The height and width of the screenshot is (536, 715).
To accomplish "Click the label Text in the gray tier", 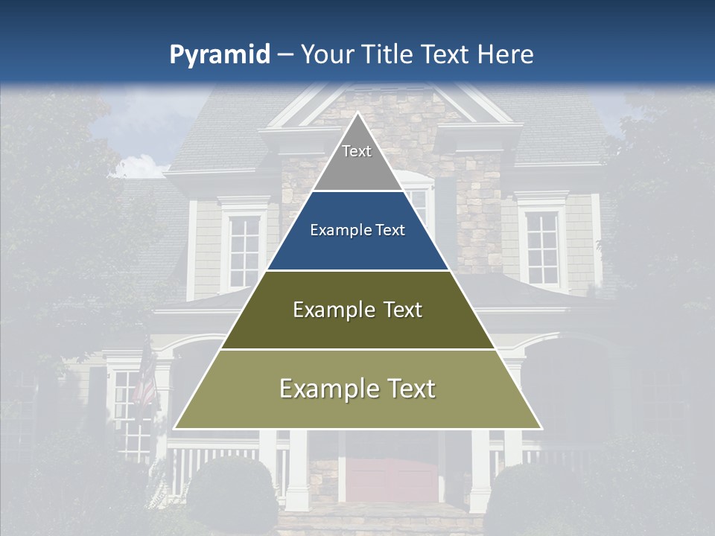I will (357, 151).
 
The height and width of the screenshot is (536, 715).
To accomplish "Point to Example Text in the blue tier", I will (357, 230).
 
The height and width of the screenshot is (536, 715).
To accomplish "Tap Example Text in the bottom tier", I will (357, 389).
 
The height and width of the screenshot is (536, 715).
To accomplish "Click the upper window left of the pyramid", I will (244, 249).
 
